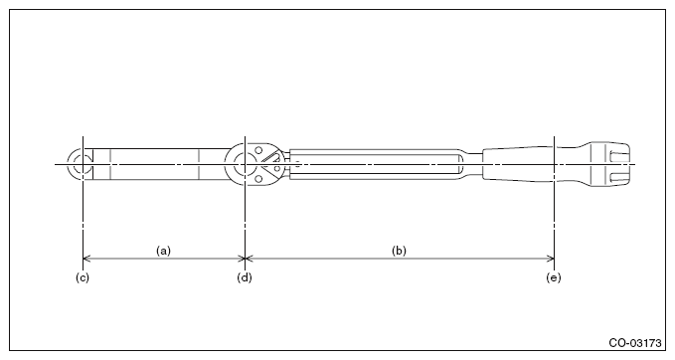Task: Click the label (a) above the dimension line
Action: tap(163, 251)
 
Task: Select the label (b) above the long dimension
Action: tap(399, 251)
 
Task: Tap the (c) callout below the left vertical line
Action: tap(83, 277)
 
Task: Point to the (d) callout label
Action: tap(245, 277)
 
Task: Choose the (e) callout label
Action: tap(554, 277)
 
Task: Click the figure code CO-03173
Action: tap(635, 343)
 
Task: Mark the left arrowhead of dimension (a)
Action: tap(86, 259)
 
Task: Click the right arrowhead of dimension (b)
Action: tap(550, 259)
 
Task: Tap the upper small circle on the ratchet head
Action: tap(258, 150)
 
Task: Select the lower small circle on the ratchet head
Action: tap(258, 178)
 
